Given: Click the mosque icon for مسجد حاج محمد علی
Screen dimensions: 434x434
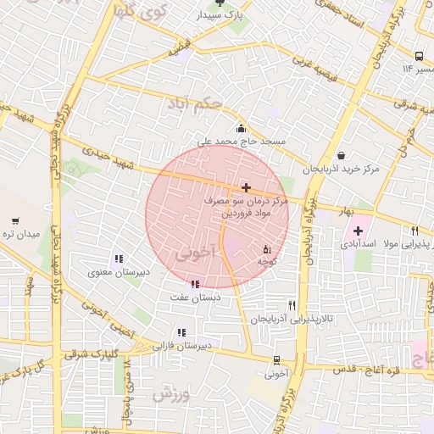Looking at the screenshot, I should tap(242, 129).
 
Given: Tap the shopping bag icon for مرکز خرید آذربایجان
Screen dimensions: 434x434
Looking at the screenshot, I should tap(341, 155).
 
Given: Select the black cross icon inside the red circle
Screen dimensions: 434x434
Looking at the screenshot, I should tap(246, 187).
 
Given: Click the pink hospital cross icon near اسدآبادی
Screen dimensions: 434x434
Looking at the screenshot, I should tap(358, 231).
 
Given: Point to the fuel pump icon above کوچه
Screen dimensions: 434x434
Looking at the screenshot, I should tap(268, 250).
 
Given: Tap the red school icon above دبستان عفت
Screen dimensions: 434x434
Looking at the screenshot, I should tap(196, 285).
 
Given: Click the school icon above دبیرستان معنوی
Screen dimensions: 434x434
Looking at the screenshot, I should tap(118, 259).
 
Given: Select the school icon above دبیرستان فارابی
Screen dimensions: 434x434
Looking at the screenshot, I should tap(181, 333).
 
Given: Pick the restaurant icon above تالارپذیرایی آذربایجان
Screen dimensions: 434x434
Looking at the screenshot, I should tap(292, 306).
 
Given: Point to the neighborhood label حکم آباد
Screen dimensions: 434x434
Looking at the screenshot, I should tap(219, 105).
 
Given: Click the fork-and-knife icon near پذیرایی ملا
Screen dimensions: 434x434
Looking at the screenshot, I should tap(415, 231).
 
